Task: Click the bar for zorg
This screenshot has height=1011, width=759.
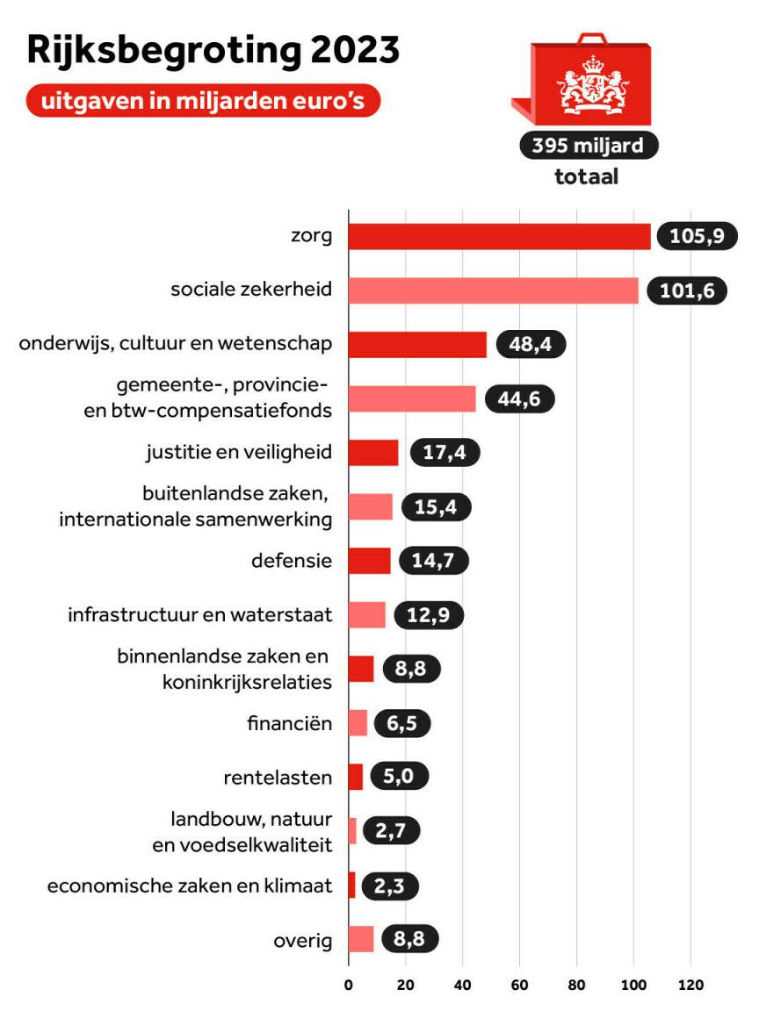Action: point(499,237)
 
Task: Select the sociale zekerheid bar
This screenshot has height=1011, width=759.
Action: point(493,290)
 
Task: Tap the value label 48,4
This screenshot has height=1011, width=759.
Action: point(531,345)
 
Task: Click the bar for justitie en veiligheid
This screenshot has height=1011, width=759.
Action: point(373,453)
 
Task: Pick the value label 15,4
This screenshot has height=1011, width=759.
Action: point(436,507)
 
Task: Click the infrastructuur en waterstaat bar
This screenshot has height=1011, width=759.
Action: point(366,615)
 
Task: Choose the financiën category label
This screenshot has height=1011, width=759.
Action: point(289,724)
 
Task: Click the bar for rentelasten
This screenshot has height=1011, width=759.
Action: point(355,778)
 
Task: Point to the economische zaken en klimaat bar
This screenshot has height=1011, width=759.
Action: point(351,886)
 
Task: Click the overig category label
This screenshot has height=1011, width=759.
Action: point(303,941)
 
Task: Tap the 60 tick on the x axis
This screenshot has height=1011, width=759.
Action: point(519,985)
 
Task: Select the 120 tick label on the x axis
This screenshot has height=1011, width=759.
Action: point(690,985)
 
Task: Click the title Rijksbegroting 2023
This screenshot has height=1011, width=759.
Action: point(213,51)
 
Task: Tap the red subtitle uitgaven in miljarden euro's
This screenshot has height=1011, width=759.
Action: point(204,100)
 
